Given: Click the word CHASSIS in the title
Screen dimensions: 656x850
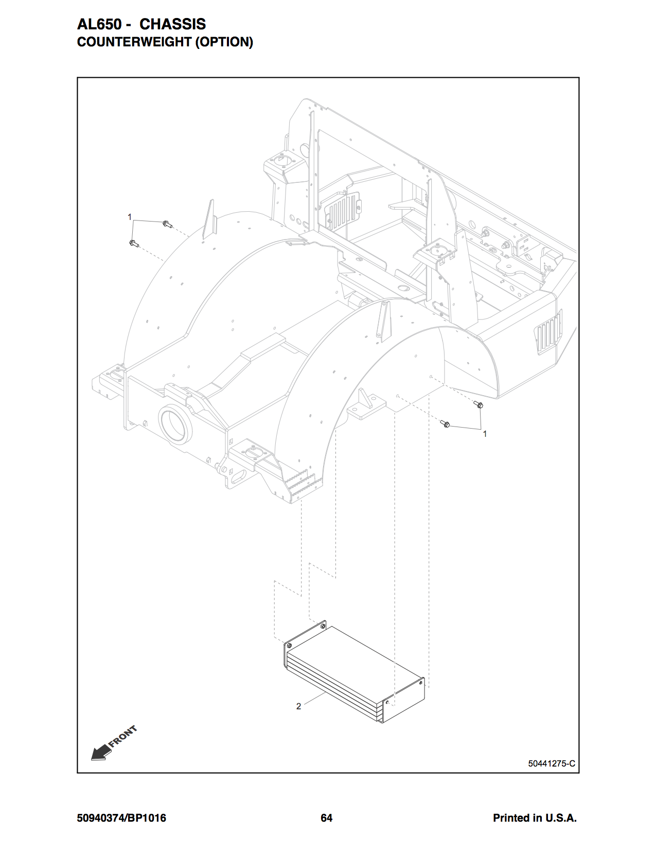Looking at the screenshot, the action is tap(172, 24).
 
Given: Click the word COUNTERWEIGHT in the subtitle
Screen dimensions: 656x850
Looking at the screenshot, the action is tap(134, 42).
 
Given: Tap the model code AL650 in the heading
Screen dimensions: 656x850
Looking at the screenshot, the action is tap(99, 24).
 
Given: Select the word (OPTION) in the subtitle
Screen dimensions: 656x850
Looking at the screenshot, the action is tap(224, 42).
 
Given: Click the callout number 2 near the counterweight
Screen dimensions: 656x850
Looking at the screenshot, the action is tap(298, 706).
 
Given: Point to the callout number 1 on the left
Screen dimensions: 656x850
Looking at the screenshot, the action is tap(130, 217).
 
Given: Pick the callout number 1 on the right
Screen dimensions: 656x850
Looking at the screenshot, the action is tap(485, 434).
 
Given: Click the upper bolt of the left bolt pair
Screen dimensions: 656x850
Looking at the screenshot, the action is tap(168, 224).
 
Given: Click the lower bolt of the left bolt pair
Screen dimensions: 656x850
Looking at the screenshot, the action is tap(134, 243).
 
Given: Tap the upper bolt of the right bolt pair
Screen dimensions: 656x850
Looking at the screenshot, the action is tap(478, 404).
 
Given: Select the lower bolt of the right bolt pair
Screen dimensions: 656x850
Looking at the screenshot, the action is tap(445, 423).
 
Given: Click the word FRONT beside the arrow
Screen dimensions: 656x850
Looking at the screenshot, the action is tap(122, 736).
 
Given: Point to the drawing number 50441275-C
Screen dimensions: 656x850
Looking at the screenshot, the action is tap(551, 763).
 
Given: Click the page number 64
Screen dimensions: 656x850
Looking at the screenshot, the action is tap(326, 818).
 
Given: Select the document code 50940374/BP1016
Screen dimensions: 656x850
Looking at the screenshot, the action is tap(121, 818).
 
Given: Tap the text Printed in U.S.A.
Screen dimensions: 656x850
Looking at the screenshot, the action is tap(535, 818).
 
